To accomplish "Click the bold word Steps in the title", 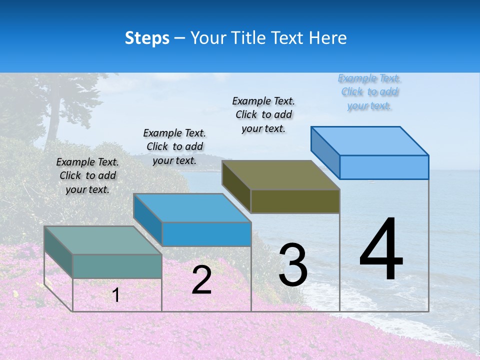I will [x=147, y=38].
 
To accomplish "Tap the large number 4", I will [x=381, y=249].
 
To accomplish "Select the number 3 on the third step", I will [x=293, y=265].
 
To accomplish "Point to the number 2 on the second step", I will [x=201, y=280].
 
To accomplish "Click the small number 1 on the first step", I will [x=116, y=295].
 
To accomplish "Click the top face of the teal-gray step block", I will [x=102, y=240].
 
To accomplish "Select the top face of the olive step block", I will [x=280, y=175].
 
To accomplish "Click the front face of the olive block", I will [x=295, y=201].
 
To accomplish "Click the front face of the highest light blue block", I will [x=384, y=167].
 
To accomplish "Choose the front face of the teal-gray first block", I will [x=117, y=266].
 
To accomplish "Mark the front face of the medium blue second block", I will [x=206, y=234].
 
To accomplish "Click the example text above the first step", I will [x=87, y=175].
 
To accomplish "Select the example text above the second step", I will [x=174, y=146].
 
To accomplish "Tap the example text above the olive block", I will [x=263, y=114].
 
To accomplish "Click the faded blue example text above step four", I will [x=369, y=91].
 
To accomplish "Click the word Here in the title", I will [x=328, y=38].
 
